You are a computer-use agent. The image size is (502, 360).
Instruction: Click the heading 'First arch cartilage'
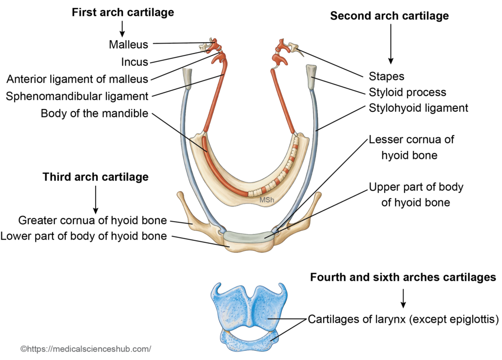(123, 13)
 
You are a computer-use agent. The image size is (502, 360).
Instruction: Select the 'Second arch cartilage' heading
(389, 16)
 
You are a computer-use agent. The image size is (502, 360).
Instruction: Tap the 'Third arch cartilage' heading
(96, 177)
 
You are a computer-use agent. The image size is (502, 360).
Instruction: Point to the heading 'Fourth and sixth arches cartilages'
(403, 278)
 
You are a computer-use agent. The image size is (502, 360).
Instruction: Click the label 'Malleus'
(128, 45)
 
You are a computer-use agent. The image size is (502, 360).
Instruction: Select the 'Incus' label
(135, 62)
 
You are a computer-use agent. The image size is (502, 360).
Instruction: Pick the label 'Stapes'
(386, 76)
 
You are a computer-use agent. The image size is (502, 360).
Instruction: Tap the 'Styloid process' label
(407, 92)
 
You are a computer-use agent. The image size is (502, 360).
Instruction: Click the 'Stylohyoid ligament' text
(418, 108)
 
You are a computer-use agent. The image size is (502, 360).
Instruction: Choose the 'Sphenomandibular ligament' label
(77, 96)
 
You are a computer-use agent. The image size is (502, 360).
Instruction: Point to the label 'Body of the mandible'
(95, 114)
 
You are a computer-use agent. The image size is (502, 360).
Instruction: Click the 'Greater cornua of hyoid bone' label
(93, 220)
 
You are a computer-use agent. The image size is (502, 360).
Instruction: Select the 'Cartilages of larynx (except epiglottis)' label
(403, 320)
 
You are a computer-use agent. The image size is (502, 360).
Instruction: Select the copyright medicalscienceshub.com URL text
(86, 349)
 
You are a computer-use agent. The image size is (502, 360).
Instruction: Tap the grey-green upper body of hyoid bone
(248, 237)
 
